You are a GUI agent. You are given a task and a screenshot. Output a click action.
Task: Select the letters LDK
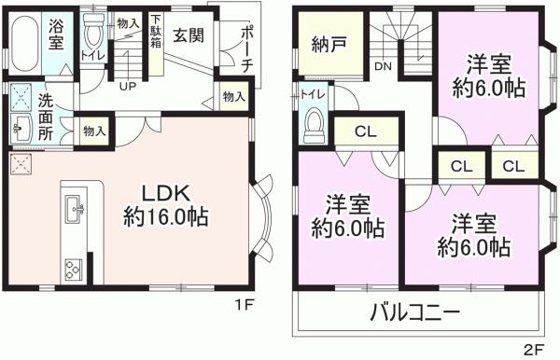point(165,194)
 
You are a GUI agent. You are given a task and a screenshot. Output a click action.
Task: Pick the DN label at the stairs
point(383,66)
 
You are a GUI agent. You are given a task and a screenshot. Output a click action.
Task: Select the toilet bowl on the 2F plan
point(315,123)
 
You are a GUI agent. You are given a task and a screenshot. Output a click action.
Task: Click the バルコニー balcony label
point(415,312)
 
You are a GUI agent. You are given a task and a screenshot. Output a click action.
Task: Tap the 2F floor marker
point(533,349)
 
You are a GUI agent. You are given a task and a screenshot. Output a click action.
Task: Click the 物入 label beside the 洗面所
point(94,131)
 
